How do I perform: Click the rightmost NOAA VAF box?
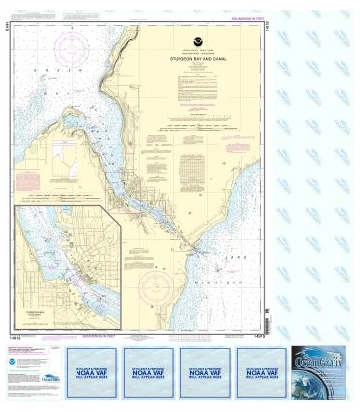click(x=260, y=374)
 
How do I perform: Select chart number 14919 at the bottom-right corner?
click(x=254, y=335)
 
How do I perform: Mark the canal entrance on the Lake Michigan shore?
click(x=200, y=251)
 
